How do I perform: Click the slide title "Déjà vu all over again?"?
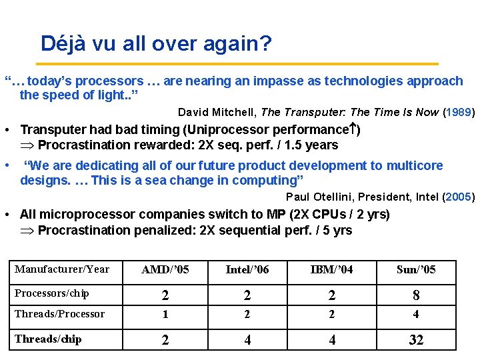click(x=156, y=44)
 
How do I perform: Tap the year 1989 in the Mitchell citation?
click(x=459, y=112)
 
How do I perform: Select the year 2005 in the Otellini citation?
click(x=459, y=197)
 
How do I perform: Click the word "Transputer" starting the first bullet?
click(x=51, y=129)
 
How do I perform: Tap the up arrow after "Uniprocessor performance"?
click(x=351, y=129)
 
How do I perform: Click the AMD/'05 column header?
click(x=165, y=269)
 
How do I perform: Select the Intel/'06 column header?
click(x=247, y=269)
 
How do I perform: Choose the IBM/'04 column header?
click(x=332, y=269)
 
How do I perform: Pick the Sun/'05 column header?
click(x=416, y=269)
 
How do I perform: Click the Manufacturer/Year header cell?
click(x=62, y=269)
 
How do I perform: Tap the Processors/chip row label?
click(x=52, y=293)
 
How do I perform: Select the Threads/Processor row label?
click(x=60, y=314)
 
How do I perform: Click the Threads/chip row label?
click(x=48, y=339)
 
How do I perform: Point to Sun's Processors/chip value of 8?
click(x=416, y=295)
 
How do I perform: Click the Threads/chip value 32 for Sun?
click(x=416, y=340)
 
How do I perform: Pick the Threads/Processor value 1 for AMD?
click(x=165, y=315)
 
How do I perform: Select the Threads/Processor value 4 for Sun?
click(x=416, y=315)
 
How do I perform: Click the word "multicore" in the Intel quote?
click(x=414, y=165)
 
